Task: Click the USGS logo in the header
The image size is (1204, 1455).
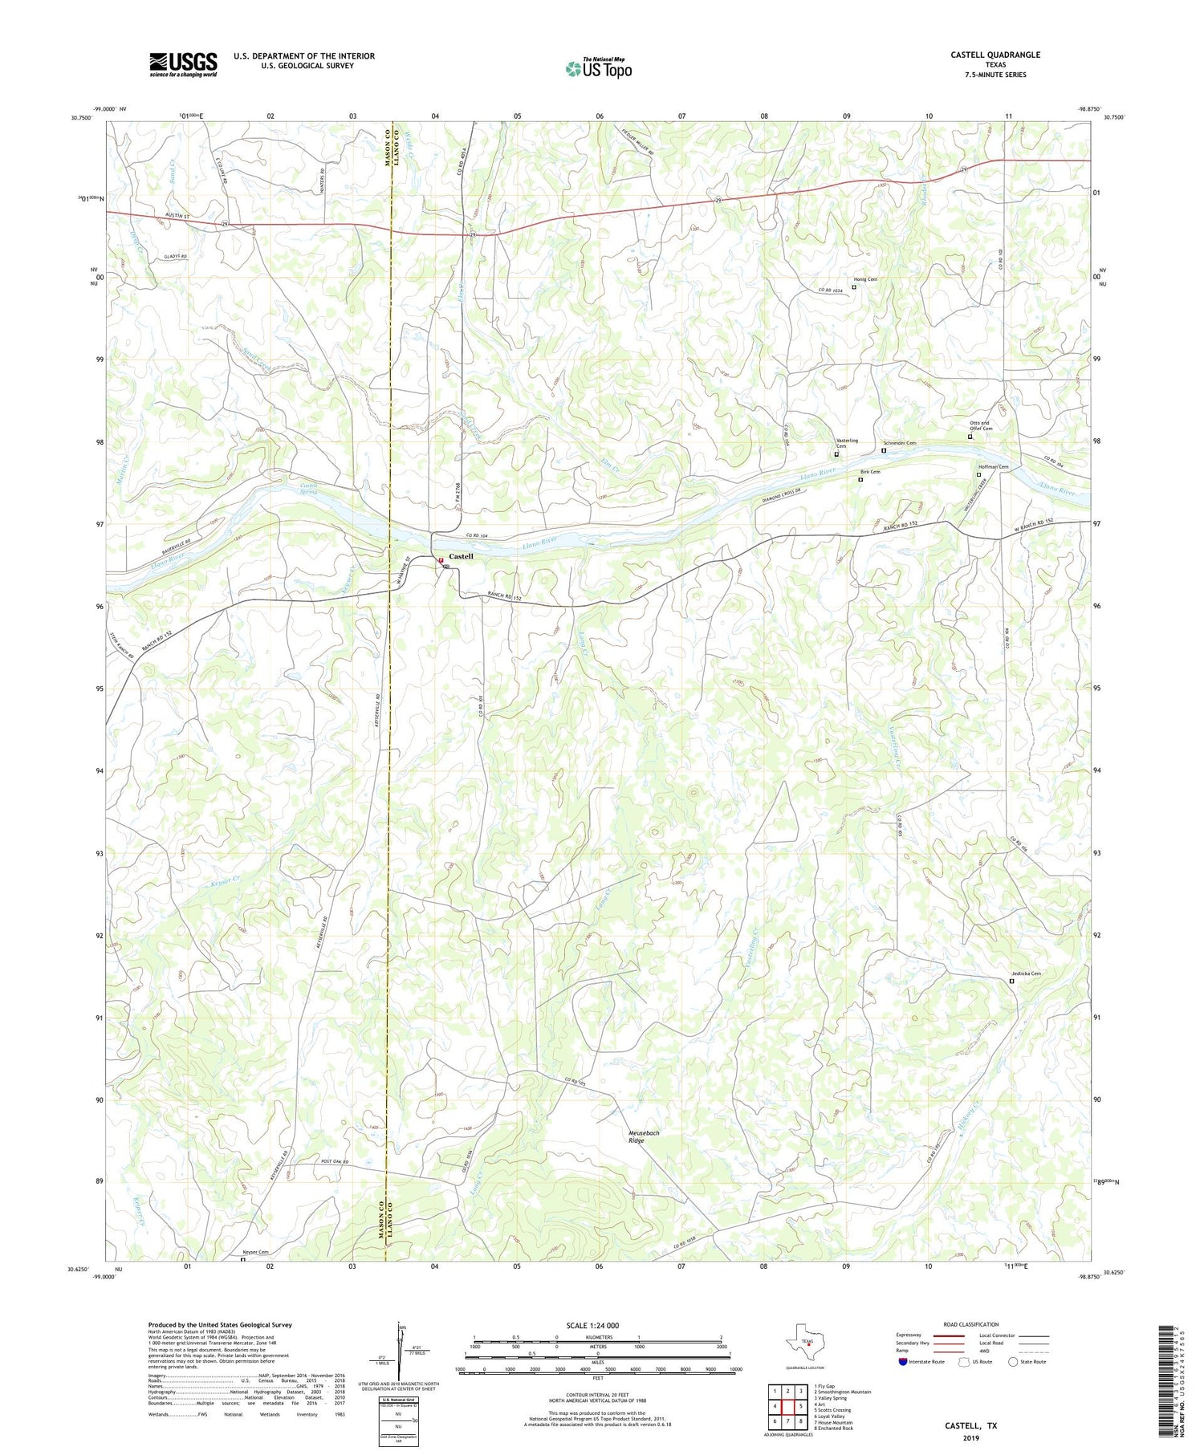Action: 183,64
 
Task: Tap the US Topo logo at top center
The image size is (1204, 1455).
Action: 598,68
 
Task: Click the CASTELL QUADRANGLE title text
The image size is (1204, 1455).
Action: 995,55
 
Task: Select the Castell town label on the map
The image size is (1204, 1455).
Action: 461,556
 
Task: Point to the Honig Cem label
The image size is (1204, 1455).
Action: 865,279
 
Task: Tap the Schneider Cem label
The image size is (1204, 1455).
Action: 899,443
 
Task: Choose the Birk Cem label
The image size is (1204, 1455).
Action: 870,472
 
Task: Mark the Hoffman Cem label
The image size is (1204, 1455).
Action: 993,467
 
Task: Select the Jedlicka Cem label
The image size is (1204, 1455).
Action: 1025,973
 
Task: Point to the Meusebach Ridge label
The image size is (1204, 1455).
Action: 642,1136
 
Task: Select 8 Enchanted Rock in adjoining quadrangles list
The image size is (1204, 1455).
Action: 833,1429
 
